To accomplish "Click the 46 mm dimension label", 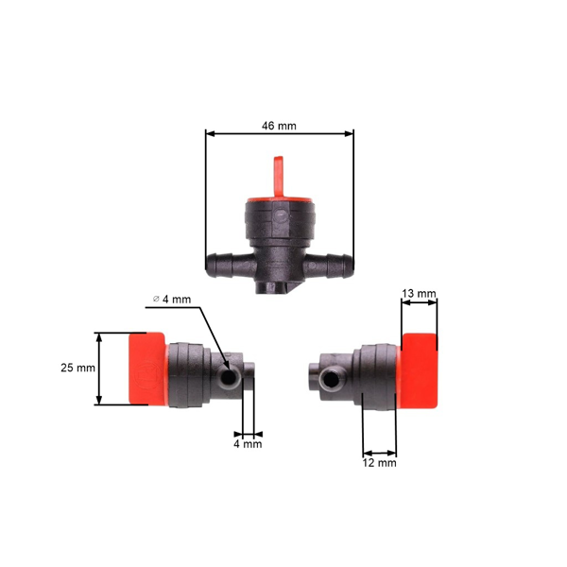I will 280,125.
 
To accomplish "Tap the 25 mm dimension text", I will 79,369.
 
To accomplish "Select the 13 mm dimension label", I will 419,294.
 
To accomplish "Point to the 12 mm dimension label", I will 380,463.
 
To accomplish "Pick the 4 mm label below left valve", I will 248,443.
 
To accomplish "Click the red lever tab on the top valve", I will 280,174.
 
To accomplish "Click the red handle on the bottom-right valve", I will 419,370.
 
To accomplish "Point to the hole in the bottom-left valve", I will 229,378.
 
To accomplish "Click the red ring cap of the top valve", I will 280,199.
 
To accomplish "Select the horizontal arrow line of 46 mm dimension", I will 280,134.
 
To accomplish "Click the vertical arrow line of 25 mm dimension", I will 99,369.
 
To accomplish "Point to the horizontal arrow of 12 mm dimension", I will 380,452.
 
